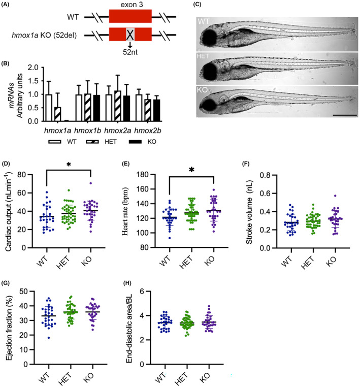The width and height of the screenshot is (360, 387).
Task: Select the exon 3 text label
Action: click(130, 4)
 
